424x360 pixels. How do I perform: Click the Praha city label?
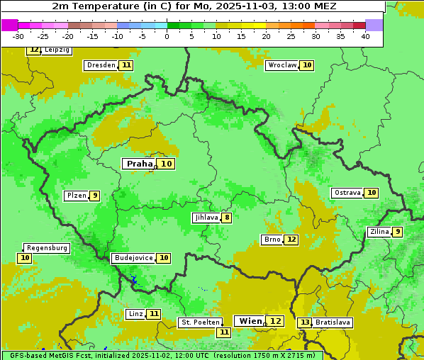(x=140, y=164)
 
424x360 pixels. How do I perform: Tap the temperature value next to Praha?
(x=167, y=164)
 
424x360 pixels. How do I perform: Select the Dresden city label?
(x=101, y=65)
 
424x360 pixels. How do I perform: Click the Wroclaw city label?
(x=282, y=65)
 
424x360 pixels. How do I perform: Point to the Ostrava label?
(x=347, y=193)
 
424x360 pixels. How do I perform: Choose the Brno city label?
(x=272, y=240)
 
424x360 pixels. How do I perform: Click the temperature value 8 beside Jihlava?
(x=227, y=218)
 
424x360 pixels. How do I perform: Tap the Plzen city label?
(x=76, y=196)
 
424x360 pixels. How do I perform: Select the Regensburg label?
(x=47, y=248)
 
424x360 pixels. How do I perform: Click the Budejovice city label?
(x=133, y=258)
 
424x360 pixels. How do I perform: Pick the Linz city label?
(x=135, y=314)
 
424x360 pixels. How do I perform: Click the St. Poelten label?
(x=201, y=322)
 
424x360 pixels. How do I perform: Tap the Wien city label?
(x=250, y=321)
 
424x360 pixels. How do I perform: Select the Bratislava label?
(x=333, y=322)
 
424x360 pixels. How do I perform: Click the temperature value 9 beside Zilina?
(x=398, y=232)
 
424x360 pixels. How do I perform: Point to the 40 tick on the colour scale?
(x=365, y=36)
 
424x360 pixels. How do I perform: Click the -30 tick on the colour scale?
(x=18, y=36)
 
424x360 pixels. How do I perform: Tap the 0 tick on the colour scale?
(x=167, y=36)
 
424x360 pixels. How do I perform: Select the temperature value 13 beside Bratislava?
(x=305, y=322)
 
